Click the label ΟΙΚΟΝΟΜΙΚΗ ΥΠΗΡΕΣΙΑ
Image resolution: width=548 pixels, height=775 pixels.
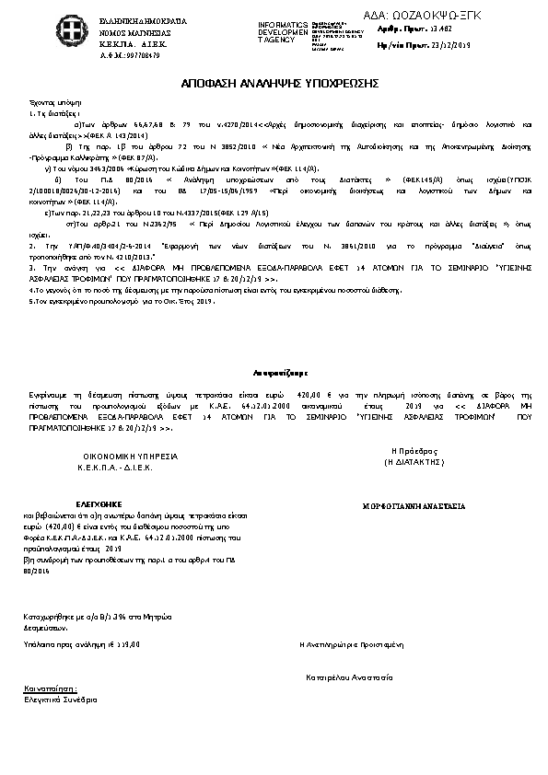[131, 457]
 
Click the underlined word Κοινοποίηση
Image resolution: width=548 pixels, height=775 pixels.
[51, 688]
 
